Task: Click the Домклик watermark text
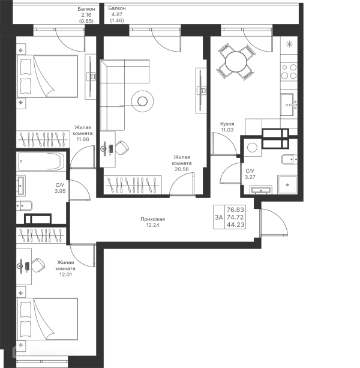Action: [54, 351]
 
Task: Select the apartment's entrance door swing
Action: [277, 223]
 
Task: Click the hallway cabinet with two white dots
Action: [230, 216]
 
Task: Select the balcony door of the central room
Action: [168, 44]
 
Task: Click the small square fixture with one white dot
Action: [253, 146]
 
